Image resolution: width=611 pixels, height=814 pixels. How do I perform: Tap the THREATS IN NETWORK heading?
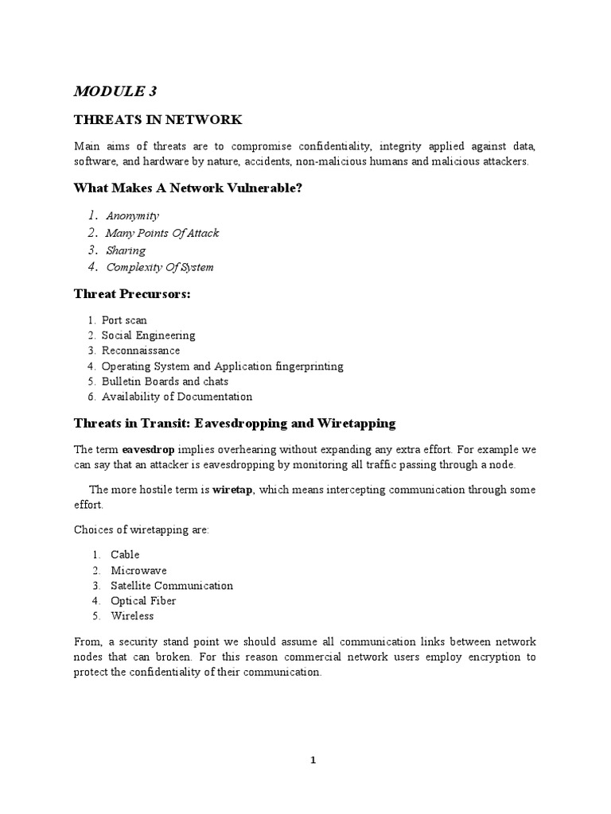coord(158,120)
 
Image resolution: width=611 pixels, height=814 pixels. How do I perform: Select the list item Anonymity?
coord(133,215)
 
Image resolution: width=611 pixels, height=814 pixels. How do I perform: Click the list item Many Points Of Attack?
coord(162,233)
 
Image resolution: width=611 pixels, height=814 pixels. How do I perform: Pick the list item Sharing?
coord(126,250)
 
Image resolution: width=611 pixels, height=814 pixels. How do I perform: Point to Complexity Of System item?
coord(159,267)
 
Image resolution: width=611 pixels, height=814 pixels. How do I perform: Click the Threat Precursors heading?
coord(132,294)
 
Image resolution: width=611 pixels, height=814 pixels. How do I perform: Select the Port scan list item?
coord(124,320)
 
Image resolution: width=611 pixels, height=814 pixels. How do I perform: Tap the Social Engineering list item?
coord(148,335)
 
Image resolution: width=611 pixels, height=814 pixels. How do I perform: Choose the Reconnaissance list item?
coord(141,351)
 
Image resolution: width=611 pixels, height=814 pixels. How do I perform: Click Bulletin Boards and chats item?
coord(165,382)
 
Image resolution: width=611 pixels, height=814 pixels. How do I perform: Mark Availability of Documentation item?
coord(177,397)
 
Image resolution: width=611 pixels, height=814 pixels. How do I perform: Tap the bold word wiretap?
coord(232,490)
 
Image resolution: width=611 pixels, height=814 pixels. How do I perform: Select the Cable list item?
coord(125,555)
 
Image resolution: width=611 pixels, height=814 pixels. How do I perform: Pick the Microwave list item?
coord(138,571)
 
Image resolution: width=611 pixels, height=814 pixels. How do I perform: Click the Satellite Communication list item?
coord(172,586)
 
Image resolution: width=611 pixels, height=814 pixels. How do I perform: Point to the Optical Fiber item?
coord(143,601)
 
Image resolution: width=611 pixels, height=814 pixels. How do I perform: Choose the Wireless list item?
coord(132,616)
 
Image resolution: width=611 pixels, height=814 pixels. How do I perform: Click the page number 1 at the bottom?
coord(313,760)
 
